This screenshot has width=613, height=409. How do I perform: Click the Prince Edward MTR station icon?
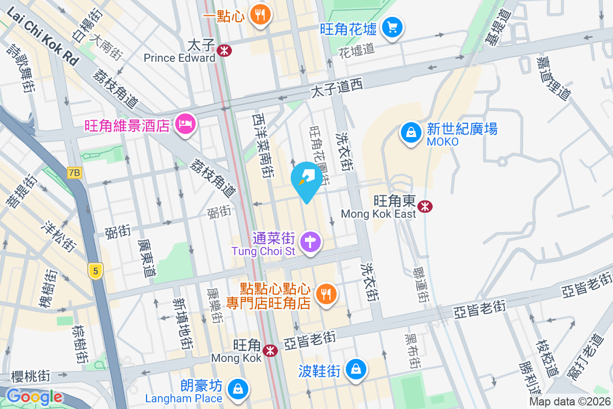(224, 50)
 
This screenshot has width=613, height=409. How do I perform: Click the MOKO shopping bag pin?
(410, 133)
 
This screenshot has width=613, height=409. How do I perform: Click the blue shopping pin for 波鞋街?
(356, 369)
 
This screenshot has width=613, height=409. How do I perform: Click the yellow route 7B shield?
(74, 173)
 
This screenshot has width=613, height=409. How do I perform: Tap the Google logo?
(34, 397)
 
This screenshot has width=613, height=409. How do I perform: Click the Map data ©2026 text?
(569, 401)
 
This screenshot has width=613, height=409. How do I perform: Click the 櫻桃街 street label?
(31, 377)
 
